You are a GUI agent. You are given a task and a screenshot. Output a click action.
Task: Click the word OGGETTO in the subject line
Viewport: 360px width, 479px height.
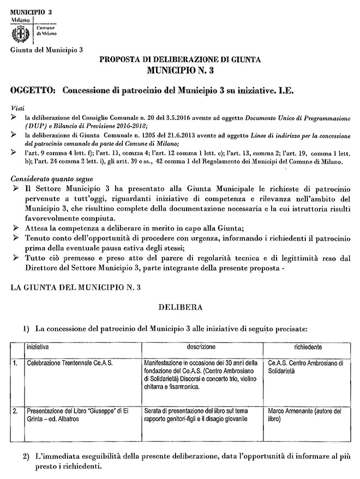click(x=33, y=88)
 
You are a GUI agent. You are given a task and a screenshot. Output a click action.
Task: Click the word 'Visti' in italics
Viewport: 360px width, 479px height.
click(x=17, y=107)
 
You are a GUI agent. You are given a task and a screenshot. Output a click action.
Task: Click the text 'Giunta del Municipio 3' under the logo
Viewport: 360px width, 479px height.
click(x=47, y=50)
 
